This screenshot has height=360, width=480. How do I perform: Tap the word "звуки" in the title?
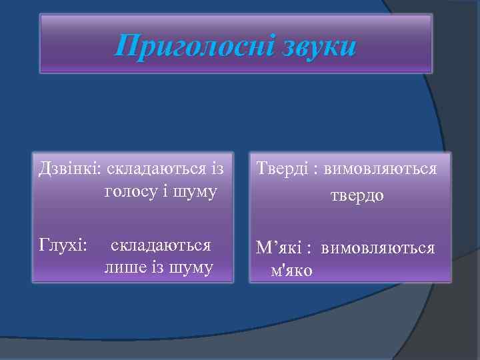(315, 47)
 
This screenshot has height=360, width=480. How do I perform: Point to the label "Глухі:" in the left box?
(64, 245)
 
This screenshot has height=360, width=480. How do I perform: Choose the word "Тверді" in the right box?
(279, 169)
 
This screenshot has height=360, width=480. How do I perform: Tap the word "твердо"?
(357, 197)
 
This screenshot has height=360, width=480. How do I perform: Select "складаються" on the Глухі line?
(161, 245)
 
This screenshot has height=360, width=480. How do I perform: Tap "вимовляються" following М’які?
(378, 249)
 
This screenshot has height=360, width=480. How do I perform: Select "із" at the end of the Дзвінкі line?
(217, 169)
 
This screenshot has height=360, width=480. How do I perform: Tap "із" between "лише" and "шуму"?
(156, 268)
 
